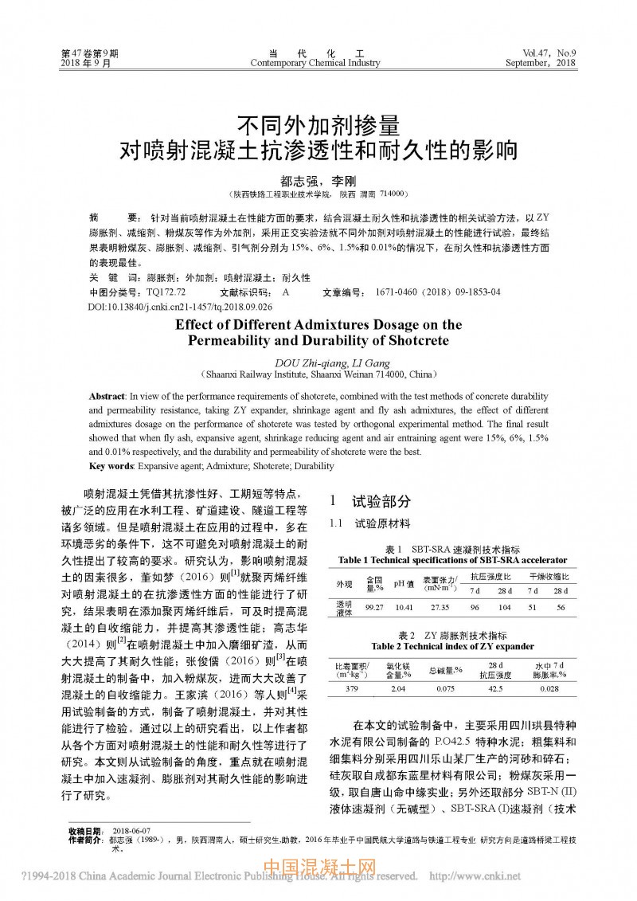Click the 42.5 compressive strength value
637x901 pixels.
[x=496, y=688]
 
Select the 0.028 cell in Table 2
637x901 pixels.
[x=549, y=688]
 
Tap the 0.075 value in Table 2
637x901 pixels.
[x=446, y=688]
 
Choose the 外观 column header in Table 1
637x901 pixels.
[x=344, y=584]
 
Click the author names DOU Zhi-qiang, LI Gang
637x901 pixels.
[x=318, y=361]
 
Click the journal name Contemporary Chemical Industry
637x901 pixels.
[x=315, y=63]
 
